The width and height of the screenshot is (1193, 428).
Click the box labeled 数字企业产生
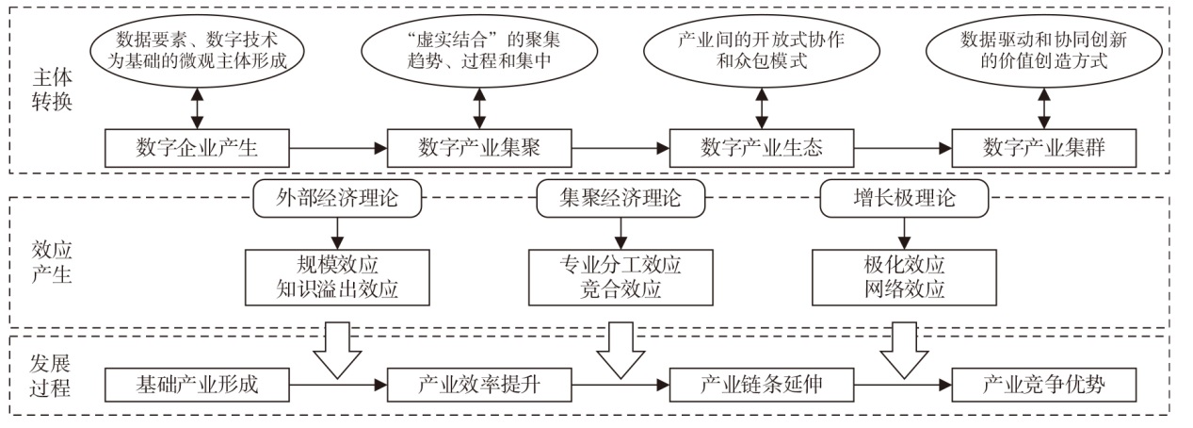tap(197, 148)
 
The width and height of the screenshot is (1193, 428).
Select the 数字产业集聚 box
tap(479, 148)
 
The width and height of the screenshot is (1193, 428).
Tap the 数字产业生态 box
tap(762, 148)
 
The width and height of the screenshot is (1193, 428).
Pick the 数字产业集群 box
tap(1044, 148)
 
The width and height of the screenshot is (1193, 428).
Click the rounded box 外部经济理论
tap(337, 198)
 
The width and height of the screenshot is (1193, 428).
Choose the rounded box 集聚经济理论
tap(621, 198)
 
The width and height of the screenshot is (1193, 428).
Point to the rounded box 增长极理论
tap(904, 198)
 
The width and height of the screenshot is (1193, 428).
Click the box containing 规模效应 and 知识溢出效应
tap(337, 277)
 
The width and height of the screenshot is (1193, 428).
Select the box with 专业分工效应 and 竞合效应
tap(621, 277)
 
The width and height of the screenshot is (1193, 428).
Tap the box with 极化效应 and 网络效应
tap(904, 277)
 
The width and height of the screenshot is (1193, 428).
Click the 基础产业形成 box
tap(197, 385)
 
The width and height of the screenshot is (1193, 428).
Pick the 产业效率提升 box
tap(479, 385)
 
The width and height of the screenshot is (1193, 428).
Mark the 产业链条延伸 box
tap(762, 385)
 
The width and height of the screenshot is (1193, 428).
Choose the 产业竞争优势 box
tap(1044, 385)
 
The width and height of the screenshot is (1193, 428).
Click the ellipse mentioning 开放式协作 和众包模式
tap(762, 51)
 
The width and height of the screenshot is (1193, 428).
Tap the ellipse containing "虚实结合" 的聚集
tap(479, 51)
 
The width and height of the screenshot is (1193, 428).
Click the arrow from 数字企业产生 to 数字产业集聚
tap(338, 148)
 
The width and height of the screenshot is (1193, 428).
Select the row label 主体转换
tap(52, 89)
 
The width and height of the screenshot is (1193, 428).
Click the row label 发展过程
tap(50, 375)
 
